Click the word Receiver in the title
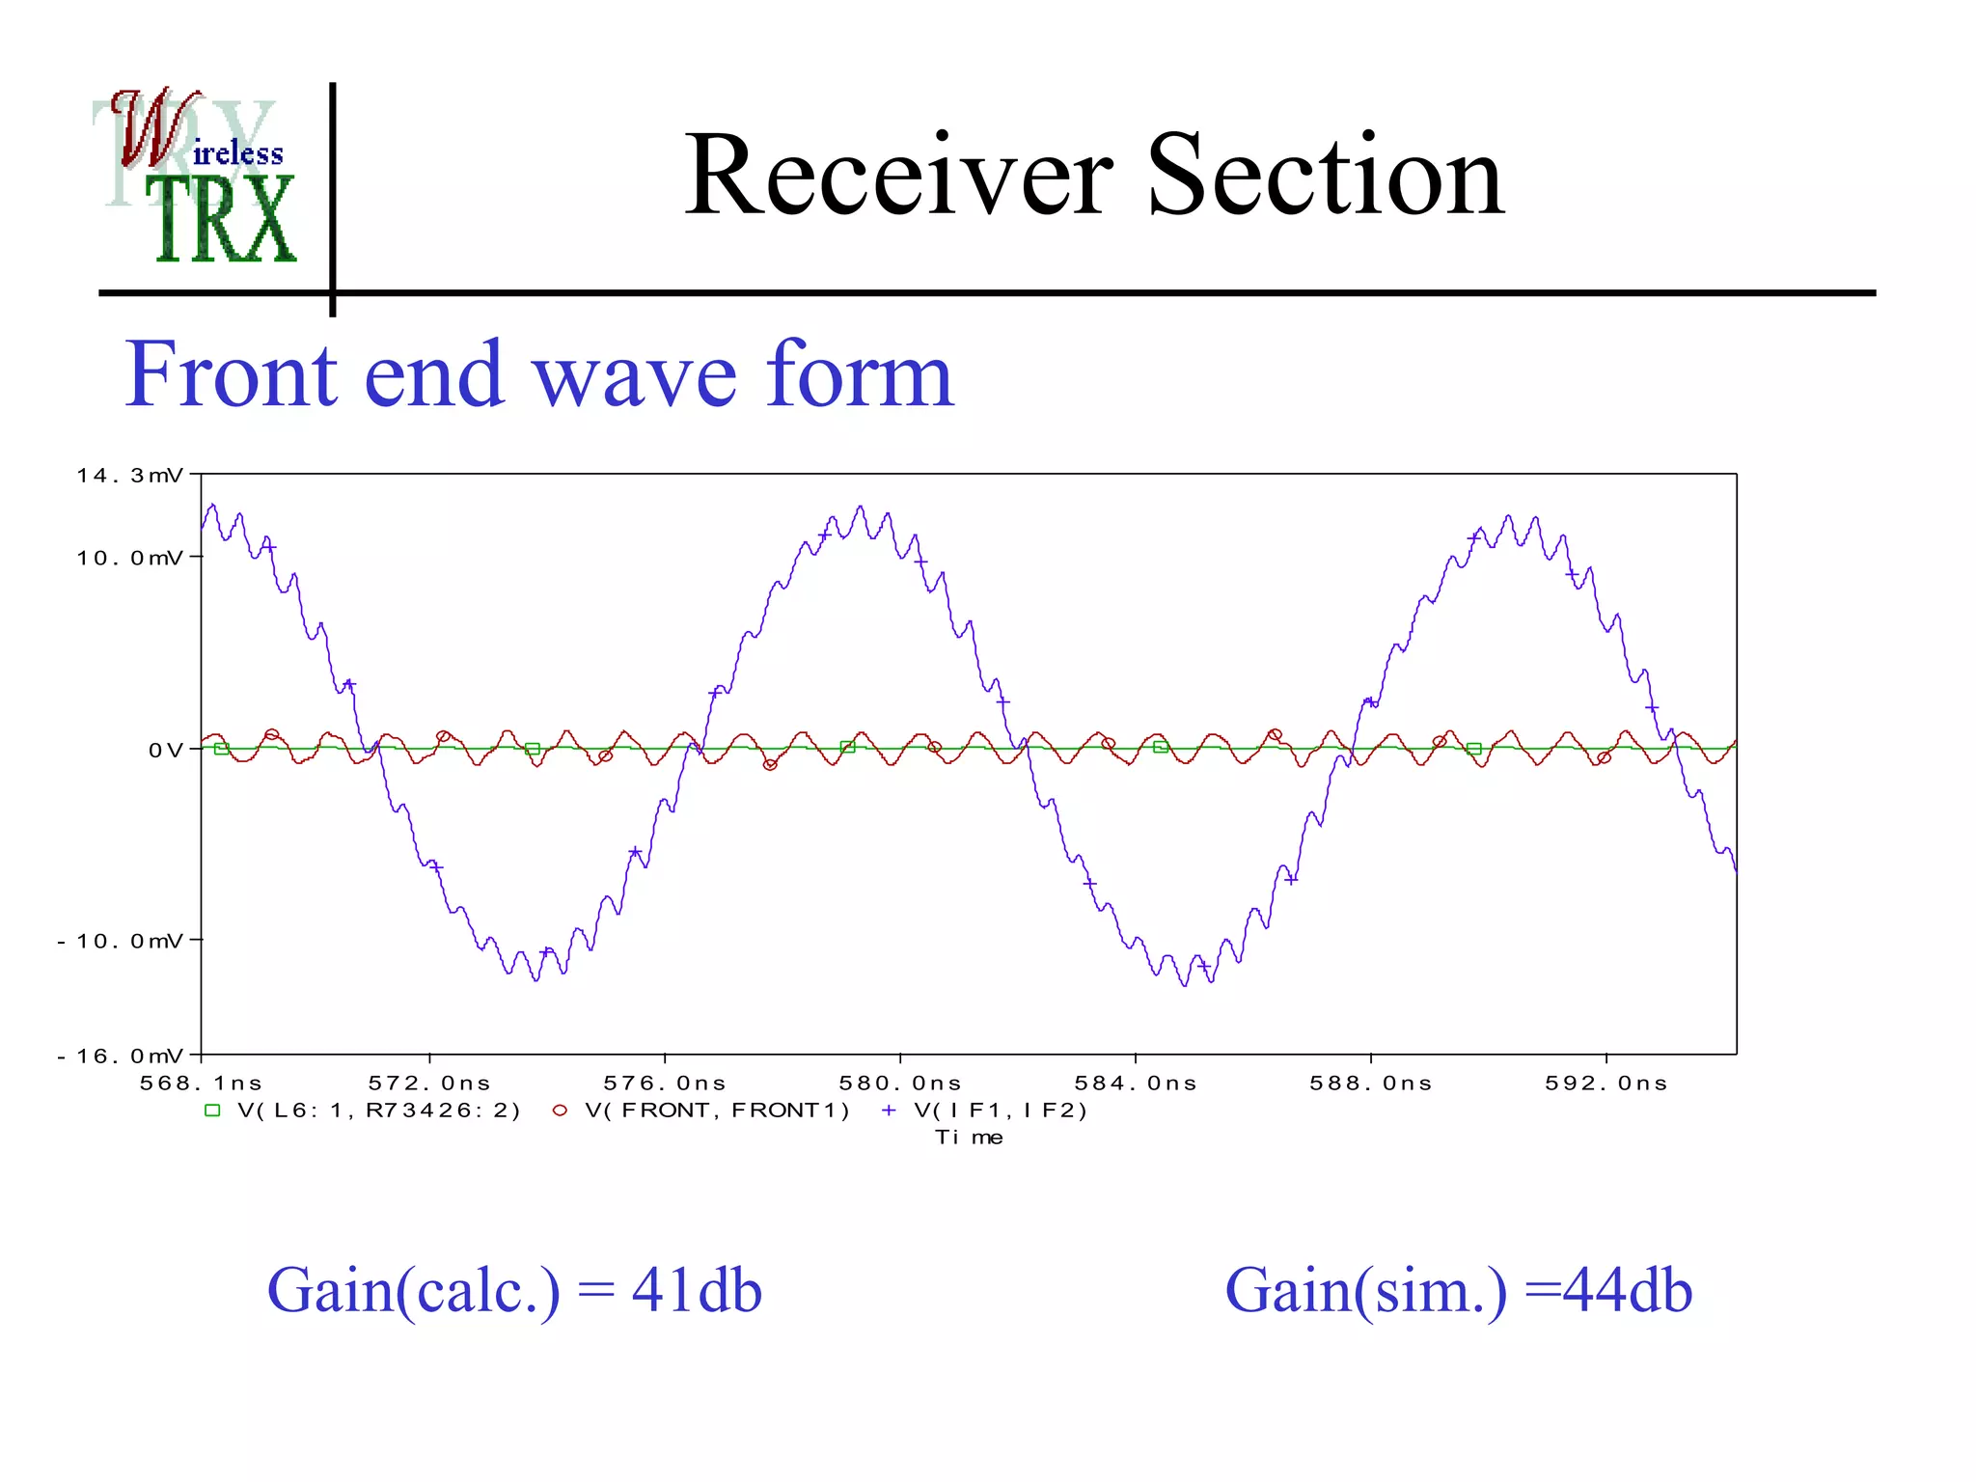pyautogui.click(x=897, y=176)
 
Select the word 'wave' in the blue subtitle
pyautogui.click(x=634, y=376)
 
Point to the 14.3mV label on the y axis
pyautogui.click(x=129, y=476)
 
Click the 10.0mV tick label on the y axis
pyautogui.click(x=129, y=558)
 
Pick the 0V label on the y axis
pyautogui.click(x=164, y=751)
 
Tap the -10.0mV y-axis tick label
pyautogui.click(x=120, y=941)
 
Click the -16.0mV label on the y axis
pyautogui.click(x=120, y=1057)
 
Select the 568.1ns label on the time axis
pyautogui.click(x=201, y=1084)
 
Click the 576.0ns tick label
pyautogui.click(x=664, y=1084)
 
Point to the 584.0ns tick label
pyautogui.click(x=1136, y=1084)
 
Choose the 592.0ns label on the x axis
pyautogui.click(x=1605, y=1084)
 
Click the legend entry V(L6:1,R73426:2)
pyautogui.click(x=378, y=1111)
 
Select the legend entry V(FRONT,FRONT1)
pyautogui.click(x=717, y=1111)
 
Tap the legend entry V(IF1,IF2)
pyautogui.click(x=1001, y=1111)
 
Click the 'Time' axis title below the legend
pyautogui.click(x=969, y=1138)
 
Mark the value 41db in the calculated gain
pyautogui.click(x=697, y=1291)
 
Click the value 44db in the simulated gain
pyautogui.click(x=1627, y=1291)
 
